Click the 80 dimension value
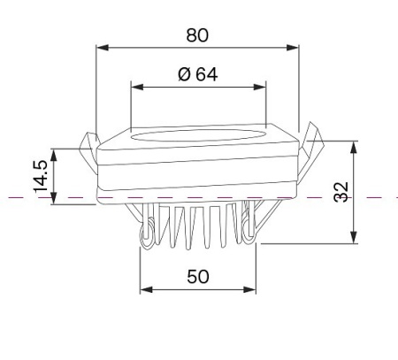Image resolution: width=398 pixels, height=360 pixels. [x=197, y=35]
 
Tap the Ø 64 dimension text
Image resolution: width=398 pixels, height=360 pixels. [x=198, y=74]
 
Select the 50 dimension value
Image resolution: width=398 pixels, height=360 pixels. [x=198, y=277]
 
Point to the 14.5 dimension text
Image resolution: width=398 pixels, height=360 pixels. [x=41, y=176]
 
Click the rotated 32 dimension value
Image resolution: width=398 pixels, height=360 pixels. [x=341, y=192]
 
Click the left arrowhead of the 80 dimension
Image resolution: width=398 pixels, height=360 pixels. [x=103, y=48]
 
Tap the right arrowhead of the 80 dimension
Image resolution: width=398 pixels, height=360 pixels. [x=293, y=48]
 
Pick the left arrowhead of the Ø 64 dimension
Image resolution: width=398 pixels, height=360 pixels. [x=137, y=87]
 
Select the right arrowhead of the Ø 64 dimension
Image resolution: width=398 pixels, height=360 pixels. [x=260, y=87]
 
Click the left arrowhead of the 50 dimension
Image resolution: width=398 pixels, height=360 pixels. [x=146, y=289]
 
